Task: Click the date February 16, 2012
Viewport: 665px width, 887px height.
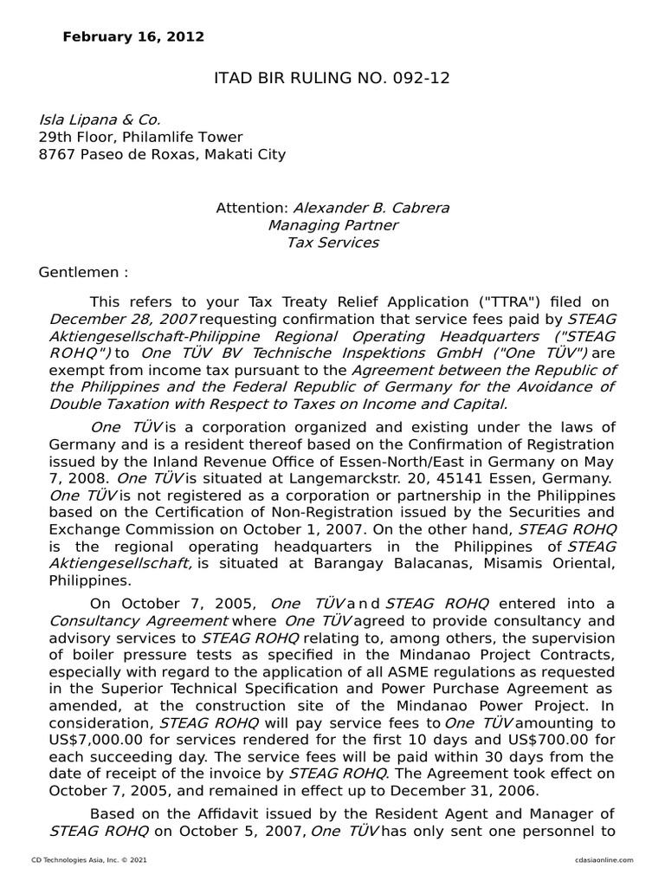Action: pyautogui.click(x=133, y=37)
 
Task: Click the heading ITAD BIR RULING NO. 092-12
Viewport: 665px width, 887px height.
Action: pyautogui.click(x=332, y=80)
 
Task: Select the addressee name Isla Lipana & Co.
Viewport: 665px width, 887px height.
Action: pyautogui.click(x=100, y=120)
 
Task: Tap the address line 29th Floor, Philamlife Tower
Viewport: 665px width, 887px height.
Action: pyautogui.click(x=140, y=137)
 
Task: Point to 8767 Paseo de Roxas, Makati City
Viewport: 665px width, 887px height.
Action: pyautogui.click(x=162, y=155)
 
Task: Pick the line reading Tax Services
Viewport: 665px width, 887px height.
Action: pyautogui.click(x=332, y=243)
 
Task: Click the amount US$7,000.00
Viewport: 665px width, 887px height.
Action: pyautogui.click(x=100, y=739)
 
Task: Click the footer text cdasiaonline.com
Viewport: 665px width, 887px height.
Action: pyautogui.click(x=604, y=859)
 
